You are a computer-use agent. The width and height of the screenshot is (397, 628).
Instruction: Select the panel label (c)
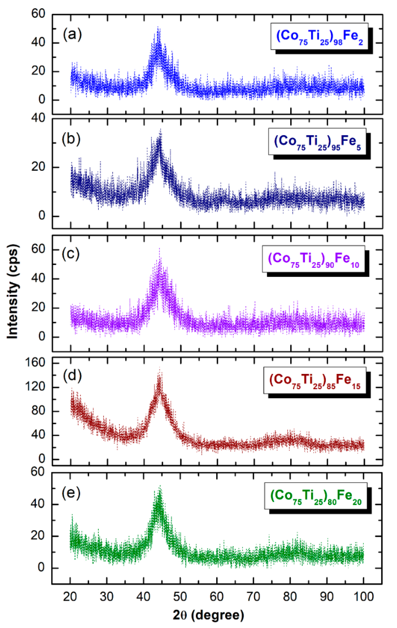71,254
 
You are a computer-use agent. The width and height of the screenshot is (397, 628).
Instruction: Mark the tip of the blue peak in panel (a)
158,27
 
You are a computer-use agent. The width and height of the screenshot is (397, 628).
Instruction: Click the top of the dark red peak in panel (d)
160,367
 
